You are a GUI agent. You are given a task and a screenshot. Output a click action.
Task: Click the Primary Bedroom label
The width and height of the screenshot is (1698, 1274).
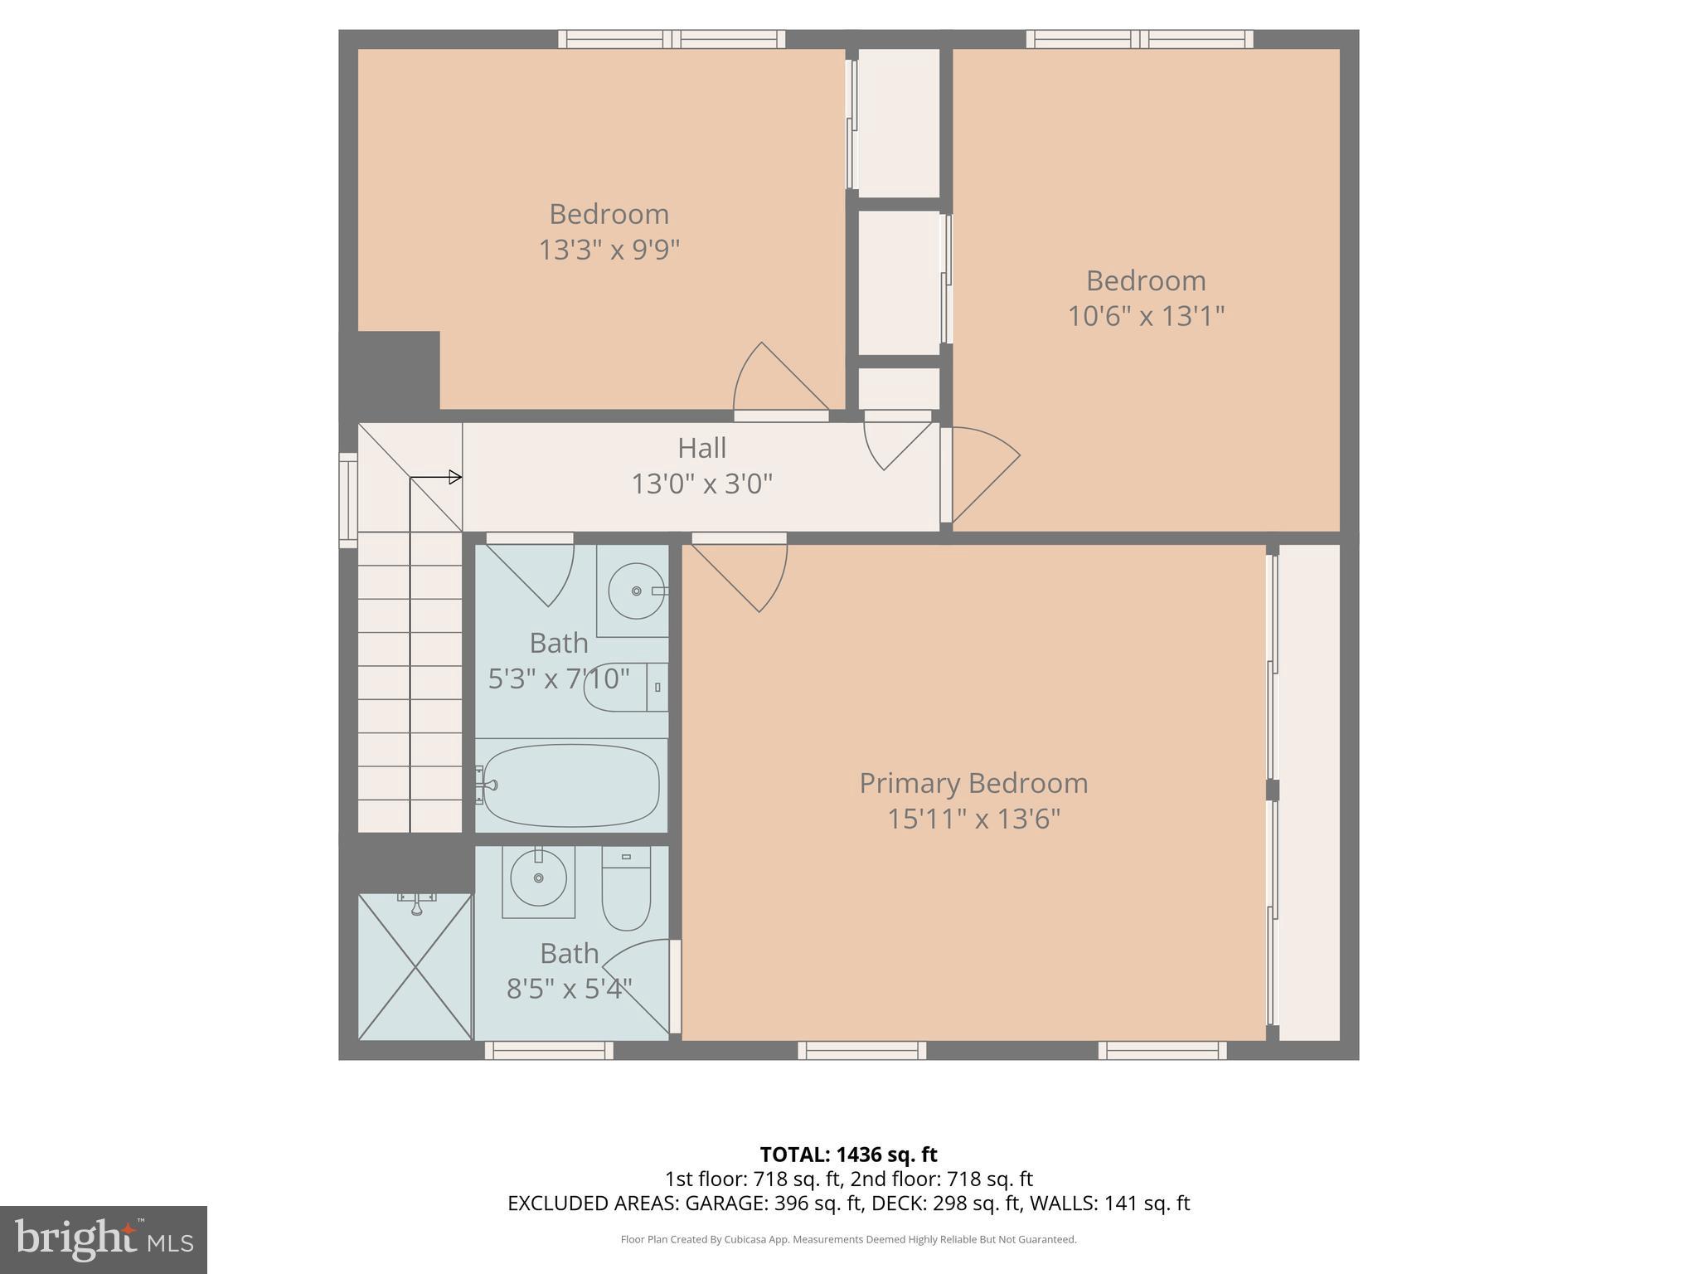point(973,783)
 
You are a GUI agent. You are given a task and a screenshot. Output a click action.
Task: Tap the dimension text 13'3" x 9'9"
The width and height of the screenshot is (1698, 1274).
point(609,250)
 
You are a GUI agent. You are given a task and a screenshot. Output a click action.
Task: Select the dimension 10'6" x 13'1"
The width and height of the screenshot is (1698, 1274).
point(1145,316)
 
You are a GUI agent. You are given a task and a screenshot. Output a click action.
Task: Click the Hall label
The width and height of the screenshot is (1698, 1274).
point(701,448)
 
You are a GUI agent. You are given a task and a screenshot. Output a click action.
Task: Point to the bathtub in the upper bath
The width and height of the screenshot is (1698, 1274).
point(571,785)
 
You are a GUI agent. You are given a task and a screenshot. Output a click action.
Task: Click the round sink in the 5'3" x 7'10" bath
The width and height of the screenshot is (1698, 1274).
point(637,591)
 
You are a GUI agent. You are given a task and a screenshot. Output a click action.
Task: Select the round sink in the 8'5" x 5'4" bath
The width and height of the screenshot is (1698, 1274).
point(538,878)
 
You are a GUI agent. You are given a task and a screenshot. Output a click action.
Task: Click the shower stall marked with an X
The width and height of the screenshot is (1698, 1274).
point(415,966)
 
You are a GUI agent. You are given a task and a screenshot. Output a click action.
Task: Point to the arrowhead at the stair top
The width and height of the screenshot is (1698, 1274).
point(454,477)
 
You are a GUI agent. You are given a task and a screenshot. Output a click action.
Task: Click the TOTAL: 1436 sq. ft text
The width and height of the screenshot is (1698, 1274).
point(848,1155)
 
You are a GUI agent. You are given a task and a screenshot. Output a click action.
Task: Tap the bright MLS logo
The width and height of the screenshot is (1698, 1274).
point(104,1239)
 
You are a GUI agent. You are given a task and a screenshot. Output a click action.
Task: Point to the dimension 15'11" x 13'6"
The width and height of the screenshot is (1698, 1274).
point(973,819)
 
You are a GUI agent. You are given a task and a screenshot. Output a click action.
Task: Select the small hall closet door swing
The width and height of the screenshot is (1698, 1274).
point(895,444)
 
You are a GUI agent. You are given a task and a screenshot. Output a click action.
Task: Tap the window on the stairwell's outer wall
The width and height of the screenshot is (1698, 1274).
point(348,500)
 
